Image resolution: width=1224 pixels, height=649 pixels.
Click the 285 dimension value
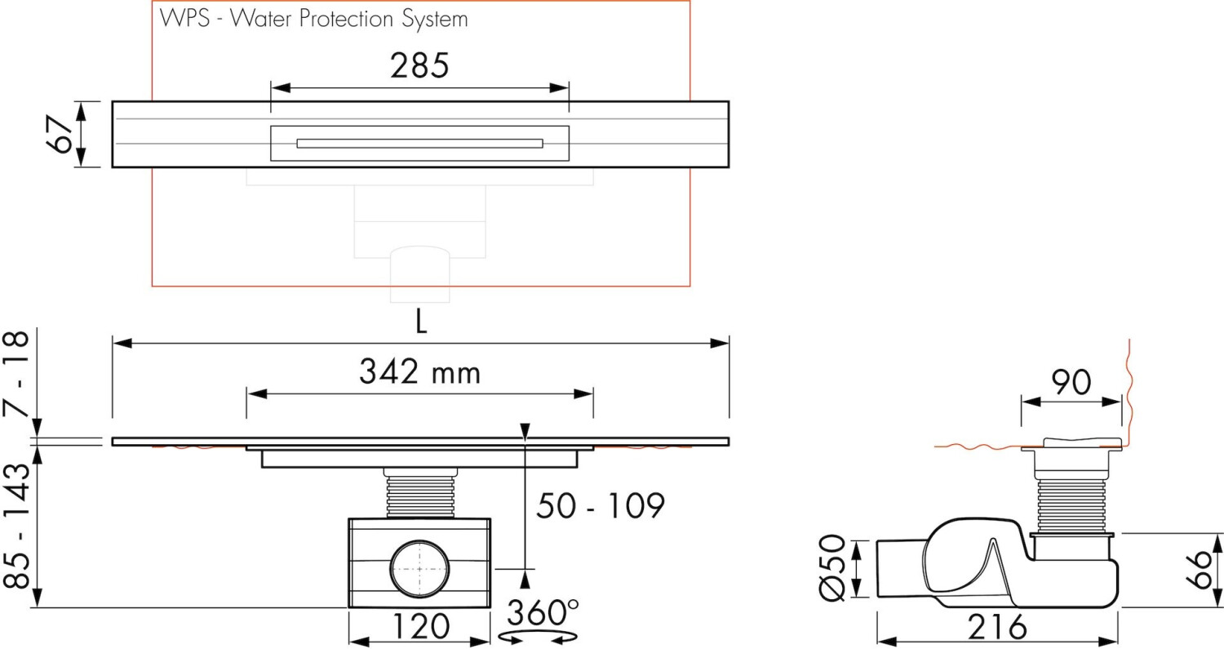pos(419,65)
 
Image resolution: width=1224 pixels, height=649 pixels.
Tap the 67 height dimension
pos(60,135)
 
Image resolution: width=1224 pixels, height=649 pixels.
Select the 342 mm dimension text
pos(419,371)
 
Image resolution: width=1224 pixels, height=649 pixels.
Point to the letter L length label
pos(421,321)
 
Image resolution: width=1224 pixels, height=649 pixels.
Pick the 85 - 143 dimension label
pos(16,526)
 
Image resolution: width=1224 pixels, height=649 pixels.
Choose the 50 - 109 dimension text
pos(600,506)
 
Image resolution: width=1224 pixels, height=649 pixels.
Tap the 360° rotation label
pos(543,612)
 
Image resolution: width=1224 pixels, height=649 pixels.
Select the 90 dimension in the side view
pos(1071,382)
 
